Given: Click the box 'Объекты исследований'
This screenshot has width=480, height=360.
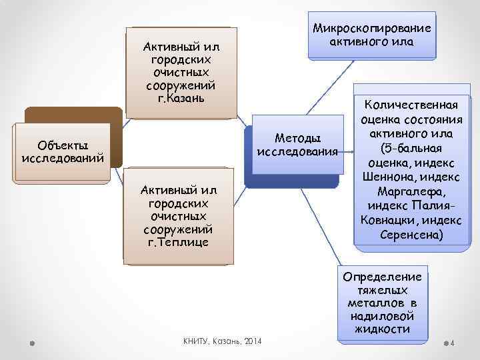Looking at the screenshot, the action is (x=62, y=152).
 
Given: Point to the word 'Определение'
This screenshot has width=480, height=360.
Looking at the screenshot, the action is (x=381, y=277).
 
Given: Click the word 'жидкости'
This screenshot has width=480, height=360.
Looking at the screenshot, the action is (x=382, y=329).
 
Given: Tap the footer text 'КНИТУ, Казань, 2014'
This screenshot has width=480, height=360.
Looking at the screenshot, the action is (x=223, y=341).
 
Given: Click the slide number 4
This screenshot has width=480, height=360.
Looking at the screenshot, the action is (x=453, y=344).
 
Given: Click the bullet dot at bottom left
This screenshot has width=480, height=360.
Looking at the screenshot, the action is (x=33, y=343).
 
